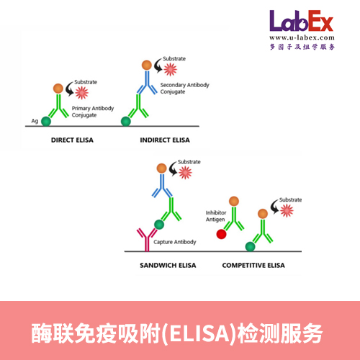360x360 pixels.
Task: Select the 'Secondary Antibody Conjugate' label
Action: pos(189,89)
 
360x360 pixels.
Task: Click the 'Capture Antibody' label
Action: pos(176,242)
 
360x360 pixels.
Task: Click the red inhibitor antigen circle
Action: pos(221,234)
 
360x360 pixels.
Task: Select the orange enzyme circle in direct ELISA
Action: pos(58,89)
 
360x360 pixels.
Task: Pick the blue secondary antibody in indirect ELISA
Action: pos(145,86)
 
